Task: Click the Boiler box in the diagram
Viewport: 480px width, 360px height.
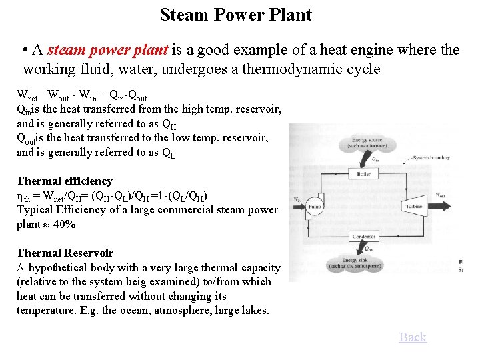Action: point(363,175)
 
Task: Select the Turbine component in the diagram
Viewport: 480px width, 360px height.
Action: point(413,207)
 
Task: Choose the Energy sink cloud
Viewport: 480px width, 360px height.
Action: point(364,263)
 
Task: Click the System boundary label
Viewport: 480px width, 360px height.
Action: point(432,157)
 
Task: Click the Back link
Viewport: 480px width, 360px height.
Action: point(413,337)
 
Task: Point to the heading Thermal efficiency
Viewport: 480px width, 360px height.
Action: point(64,181)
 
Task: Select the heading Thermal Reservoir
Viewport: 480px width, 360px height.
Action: point(65,253)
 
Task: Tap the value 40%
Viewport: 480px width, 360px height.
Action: point(64,225)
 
